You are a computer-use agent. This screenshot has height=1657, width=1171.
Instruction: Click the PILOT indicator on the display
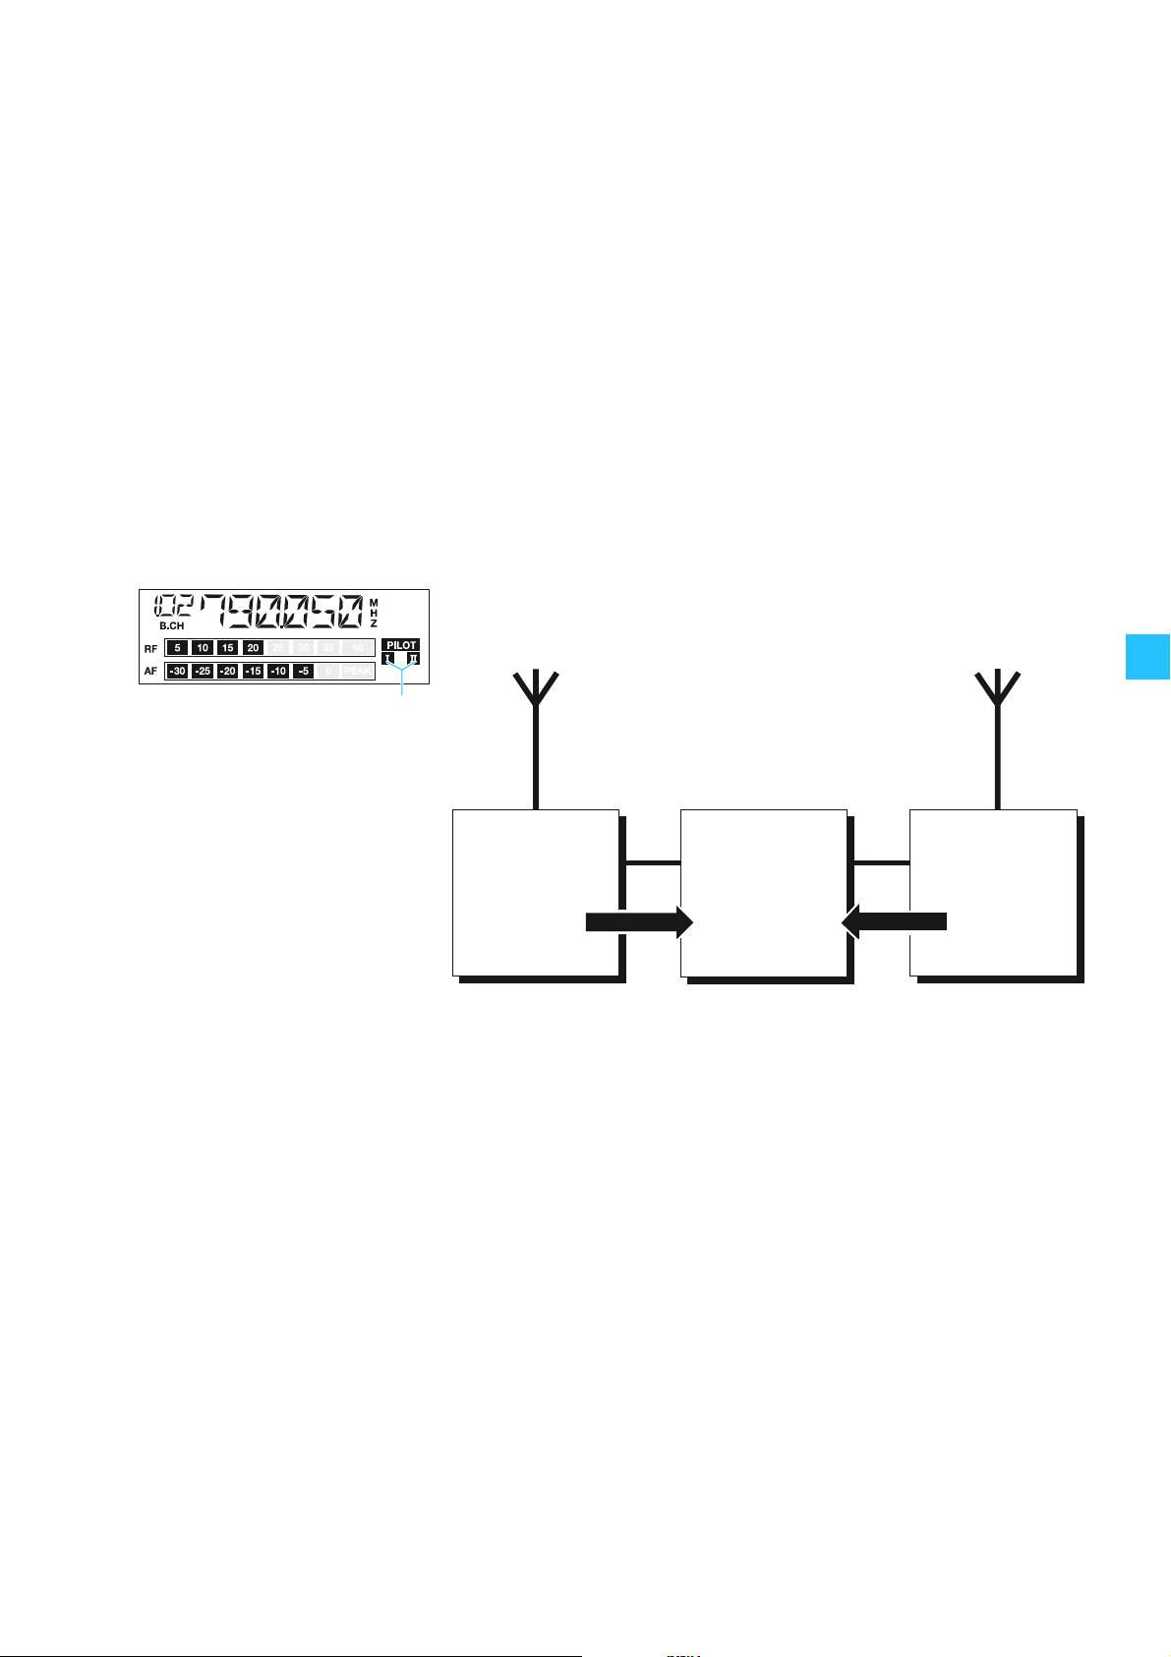coord(401,645)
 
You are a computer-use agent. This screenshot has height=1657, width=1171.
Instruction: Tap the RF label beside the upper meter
coord(150,649)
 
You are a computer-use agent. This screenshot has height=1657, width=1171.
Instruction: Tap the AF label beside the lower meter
coord(150,672)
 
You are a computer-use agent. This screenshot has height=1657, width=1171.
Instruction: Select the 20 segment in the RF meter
coord(253,648)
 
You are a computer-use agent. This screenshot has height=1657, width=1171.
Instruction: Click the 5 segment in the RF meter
coord(177,648)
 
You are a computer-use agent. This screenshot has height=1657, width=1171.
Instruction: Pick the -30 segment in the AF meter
coord(177,672)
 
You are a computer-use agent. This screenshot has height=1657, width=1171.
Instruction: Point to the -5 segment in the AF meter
coord(304,672)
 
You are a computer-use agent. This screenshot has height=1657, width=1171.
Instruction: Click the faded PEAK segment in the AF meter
coord(358,672)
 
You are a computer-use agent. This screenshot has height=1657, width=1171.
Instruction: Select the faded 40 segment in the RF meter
coord(358,648)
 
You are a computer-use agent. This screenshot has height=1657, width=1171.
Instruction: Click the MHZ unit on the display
coord(374,612)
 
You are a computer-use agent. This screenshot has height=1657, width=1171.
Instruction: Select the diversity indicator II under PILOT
coord(414,658)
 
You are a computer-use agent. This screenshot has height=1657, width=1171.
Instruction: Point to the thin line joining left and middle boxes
coord(652,863)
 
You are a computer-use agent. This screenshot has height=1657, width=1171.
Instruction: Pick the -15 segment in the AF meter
coord(253,672)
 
